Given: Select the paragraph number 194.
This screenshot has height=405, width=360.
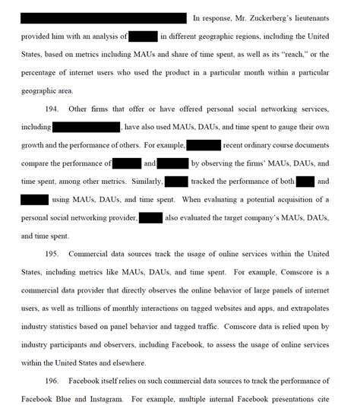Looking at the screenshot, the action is coord(58,110).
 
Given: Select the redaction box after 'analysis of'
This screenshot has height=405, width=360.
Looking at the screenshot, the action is coord(143,36).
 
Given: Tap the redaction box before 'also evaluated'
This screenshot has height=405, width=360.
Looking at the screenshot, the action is coord(151,219).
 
